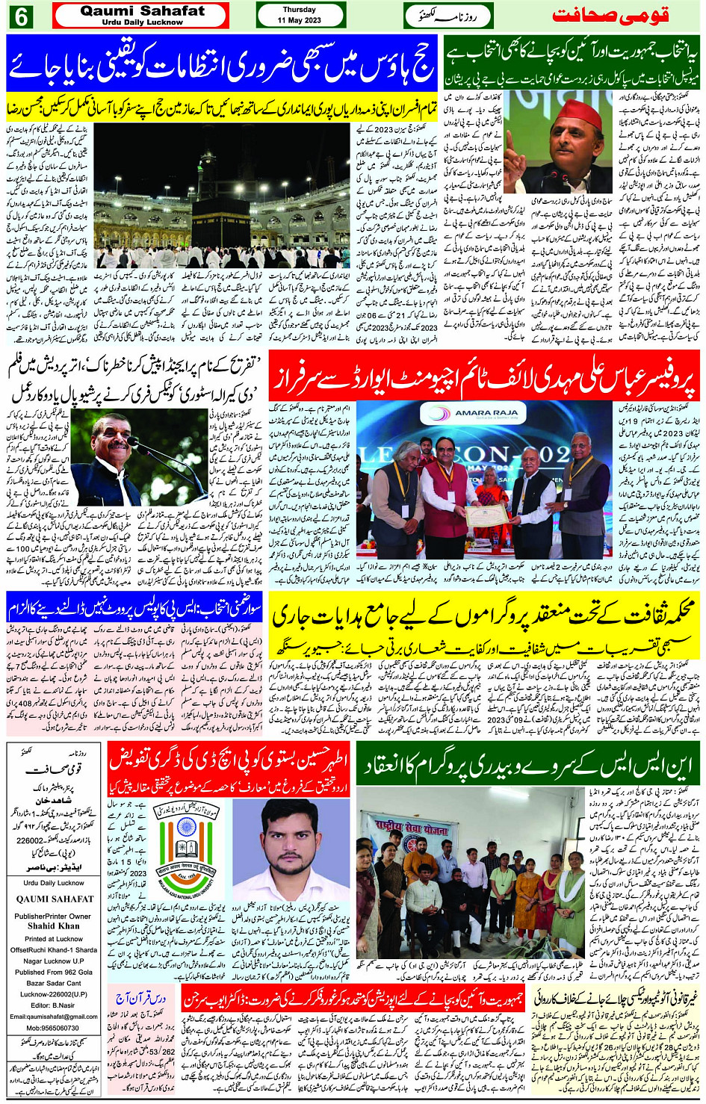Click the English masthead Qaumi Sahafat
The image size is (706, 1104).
pos(142,11)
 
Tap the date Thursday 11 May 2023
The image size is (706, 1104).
pos(300,15)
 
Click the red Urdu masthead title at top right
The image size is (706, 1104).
pos(610,16)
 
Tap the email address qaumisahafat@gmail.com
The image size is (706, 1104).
pos(54,1016)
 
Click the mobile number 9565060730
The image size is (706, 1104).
pos(54,1028)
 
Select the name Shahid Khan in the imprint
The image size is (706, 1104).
pos(54,926)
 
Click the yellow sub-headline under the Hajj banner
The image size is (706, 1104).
pos(220,104)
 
